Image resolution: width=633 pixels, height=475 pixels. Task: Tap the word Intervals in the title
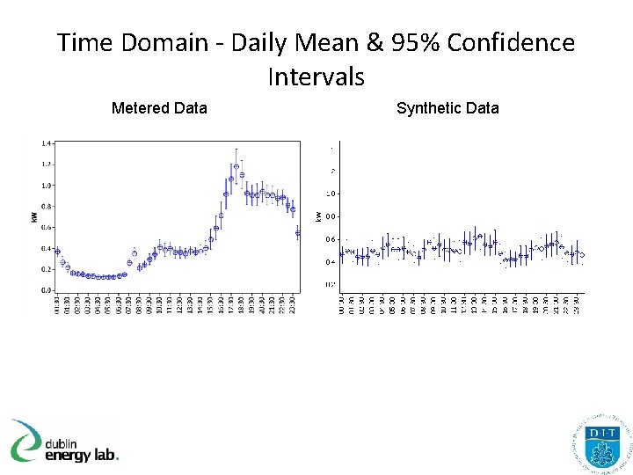(x=316, y=77)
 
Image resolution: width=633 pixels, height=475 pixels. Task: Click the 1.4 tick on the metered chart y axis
(x=47, y=142)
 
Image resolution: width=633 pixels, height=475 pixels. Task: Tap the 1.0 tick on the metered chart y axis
(x=47, y=186)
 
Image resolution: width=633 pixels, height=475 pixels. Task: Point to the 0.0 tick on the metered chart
(x=47, y=290)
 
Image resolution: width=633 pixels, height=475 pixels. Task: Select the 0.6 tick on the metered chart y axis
(x=47, y=227)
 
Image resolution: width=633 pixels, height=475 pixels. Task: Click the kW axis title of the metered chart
(x=34, y=216)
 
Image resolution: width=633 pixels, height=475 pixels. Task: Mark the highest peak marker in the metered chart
(x=236, y=165)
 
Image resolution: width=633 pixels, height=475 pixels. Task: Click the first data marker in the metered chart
(x=57, y=252)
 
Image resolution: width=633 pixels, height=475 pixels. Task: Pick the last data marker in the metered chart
(x=298, y=233)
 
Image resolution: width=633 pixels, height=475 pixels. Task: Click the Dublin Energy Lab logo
(x=64, y=440)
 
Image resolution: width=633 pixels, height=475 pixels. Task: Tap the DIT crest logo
(x=601, y=442)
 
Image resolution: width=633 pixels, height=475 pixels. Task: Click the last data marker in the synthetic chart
(x=581, y=255)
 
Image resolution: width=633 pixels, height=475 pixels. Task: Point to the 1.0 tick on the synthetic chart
(x=331, y=194)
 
